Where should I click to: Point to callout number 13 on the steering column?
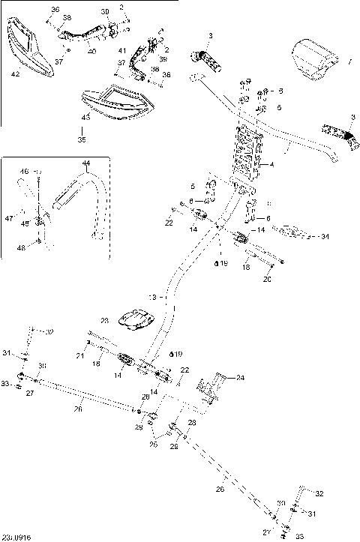[153, 298]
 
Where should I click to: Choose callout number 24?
[241, 378]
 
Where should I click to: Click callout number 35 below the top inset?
[82, 139]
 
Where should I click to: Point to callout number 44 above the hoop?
[85, 163]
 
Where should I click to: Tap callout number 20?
[265, 279]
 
